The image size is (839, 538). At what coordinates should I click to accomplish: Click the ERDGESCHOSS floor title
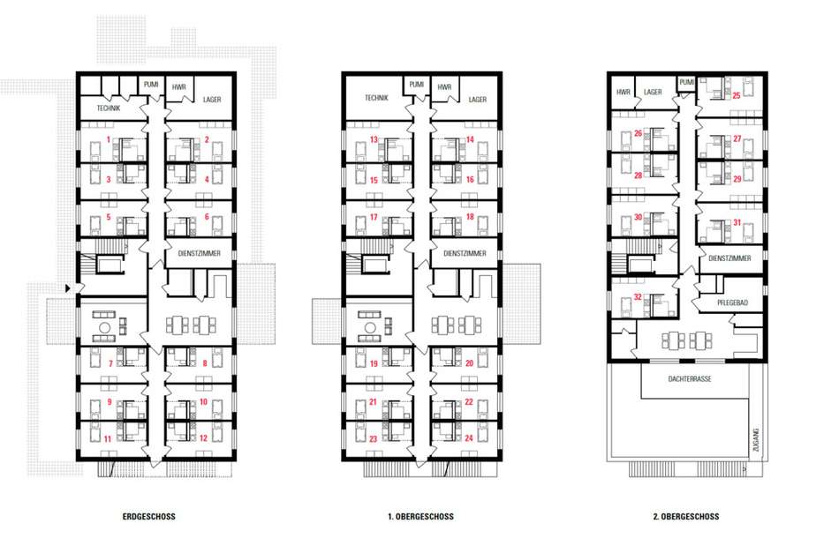148,517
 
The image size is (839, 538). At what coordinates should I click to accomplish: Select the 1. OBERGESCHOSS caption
420,517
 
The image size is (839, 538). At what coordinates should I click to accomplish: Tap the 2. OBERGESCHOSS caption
686,517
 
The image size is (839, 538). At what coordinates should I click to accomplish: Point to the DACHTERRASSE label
690,378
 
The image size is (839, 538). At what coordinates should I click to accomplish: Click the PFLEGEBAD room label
732,303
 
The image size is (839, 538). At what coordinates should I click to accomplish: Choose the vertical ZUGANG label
755,439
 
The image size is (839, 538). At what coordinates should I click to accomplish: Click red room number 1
109,140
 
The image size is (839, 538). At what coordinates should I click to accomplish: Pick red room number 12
203,438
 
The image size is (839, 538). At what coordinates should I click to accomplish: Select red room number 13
374,139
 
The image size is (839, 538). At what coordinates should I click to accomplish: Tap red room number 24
469,438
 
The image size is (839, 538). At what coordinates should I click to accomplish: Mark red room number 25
737,95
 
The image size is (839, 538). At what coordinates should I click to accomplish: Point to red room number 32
638,297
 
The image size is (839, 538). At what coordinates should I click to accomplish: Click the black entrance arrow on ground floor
67,288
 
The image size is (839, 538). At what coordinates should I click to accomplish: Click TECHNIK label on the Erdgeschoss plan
109,108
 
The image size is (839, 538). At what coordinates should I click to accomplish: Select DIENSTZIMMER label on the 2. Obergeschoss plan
729,258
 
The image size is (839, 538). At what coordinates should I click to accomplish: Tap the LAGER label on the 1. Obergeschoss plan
478,100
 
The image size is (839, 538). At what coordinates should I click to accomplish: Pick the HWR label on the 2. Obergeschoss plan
624,92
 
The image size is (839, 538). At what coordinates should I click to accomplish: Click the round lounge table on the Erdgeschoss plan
105,327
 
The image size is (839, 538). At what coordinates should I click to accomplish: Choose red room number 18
470,217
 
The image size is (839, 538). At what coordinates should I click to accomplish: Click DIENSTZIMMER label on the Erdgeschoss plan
199,253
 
